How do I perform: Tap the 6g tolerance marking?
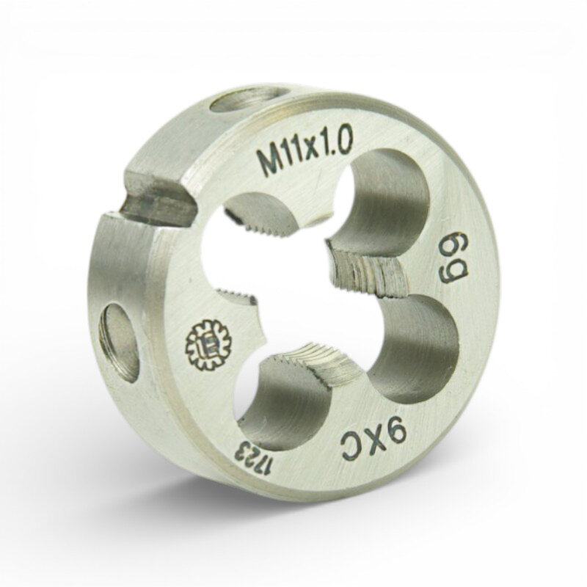tap(455, 260)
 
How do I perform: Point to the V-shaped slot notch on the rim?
tap(157, 203)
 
